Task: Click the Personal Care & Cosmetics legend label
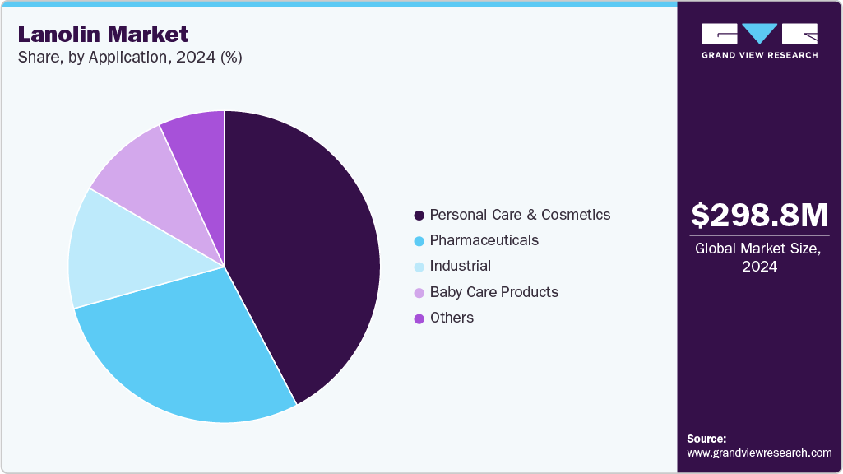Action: tap(520, 215)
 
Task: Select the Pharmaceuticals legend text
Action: tap(484, 240)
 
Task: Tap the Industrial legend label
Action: tap(460, 266)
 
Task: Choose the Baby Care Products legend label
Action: tap(493, 292)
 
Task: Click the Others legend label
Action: tap(452, 318)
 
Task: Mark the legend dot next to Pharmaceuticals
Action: tap(419, 241)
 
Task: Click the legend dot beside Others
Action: tap(419, 318)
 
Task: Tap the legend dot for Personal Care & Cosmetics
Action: tap(419, 216)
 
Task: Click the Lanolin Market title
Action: tap(103, 35)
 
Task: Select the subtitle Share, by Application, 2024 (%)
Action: tap(129, 58)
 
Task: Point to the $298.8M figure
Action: tap(759, 216)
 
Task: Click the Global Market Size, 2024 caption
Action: tap(759, 258)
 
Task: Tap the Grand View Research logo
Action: tap(759, 40)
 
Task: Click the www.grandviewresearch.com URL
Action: tap(759, 453)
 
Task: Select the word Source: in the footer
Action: tap(706, 439)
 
